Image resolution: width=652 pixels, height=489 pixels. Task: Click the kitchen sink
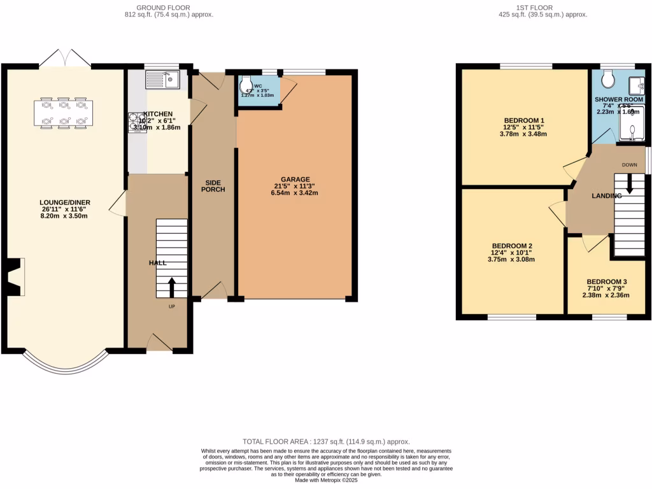tap(164, 79)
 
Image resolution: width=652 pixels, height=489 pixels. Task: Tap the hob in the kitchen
tap(138, 122)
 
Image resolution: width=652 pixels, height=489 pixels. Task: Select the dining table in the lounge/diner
tap(63, 113)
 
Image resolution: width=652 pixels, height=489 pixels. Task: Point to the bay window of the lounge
tap(64, 363)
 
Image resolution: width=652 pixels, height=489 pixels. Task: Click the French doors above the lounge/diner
tap(64, 58)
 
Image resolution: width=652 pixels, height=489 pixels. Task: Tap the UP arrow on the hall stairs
tap(171, 287)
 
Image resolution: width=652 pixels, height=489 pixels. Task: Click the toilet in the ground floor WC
tap(246, 84)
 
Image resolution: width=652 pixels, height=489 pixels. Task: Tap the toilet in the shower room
tap(607, 78)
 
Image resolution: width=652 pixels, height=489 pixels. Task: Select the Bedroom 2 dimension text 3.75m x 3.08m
tap(511, 259)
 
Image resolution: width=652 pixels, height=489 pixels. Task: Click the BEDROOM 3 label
tap(607, 282)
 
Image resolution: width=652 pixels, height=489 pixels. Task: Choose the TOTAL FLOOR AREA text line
tap(326, 441)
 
